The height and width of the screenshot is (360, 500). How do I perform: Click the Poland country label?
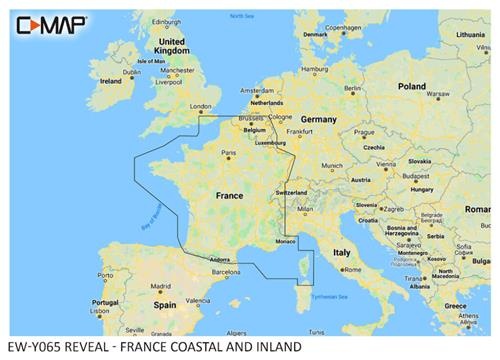tap(412, 87)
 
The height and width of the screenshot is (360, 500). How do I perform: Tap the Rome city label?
tap(351, 269)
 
